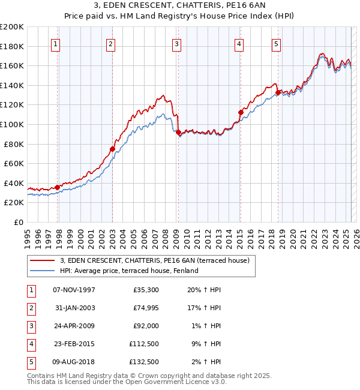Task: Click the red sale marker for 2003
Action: coord(112,149)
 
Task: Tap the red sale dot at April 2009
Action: coord(178,132)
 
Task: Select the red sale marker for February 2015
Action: coord(240,112)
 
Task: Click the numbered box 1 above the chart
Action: coord(56,43)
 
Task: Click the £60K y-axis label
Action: coord(14,163)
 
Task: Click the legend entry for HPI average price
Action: coord(128,271)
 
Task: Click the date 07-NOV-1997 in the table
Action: coord(74,290)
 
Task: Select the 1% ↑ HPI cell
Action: coord(205,326)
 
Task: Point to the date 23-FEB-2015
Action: coord(74,344)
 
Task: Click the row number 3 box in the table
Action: coord(30,326)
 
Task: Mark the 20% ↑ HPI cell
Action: coord(203,290)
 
